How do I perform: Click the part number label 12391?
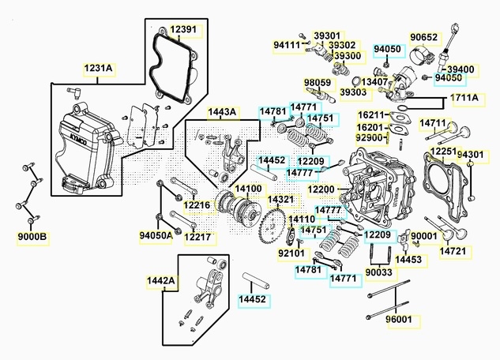185,30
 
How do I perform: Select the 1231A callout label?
99,69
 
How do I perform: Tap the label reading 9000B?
32,236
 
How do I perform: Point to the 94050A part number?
156,235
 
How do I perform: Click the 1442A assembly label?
161,280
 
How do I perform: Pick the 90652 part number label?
423,37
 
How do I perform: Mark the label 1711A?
464,98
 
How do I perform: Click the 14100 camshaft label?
248,189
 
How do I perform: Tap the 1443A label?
222,113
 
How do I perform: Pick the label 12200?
321,189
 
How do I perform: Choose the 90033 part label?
378,272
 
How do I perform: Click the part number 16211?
370,115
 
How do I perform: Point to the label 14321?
280,200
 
